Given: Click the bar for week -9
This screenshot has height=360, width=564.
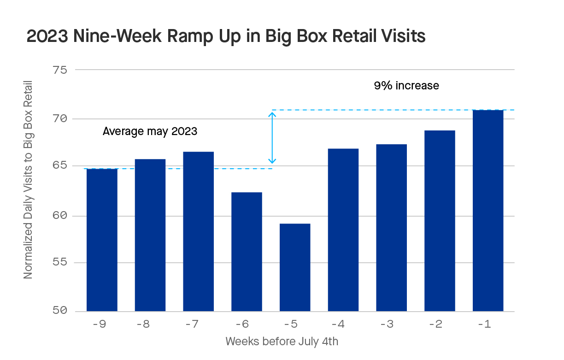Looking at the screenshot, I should [x=102, y=240].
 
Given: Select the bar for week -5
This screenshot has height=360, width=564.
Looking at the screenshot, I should [x=295, y=267].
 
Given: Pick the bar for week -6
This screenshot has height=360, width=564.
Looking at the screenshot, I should [x=247, y=252].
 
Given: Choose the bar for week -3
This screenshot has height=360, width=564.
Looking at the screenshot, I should [x=391, y=228].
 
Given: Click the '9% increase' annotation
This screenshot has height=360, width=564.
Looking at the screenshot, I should [x=406, y=86].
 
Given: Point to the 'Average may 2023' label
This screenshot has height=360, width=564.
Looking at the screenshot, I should [x=150, y=131].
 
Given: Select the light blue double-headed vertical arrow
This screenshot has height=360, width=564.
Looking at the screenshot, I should [x=272, y=138].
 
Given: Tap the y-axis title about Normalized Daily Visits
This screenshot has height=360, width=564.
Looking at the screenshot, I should [x=28, y=179].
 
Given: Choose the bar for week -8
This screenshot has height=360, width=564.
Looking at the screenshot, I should [x=150, y=235].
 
